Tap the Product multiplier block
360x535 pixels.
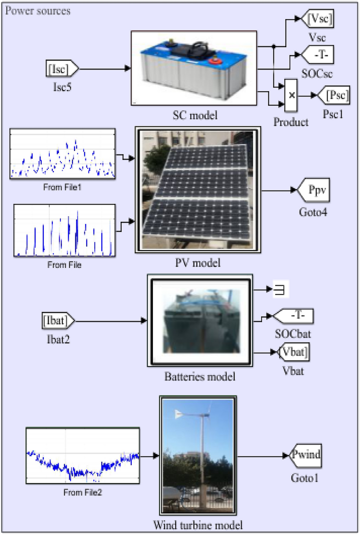pyautogui.click(x=291, y=96)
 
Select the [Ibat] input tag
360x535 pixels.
pyautogui.click(x=57, y=320)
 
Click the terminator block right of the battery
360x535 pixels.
pyautogui.click(x=280, y=289)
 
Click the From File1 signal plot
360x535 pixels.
pyautogui.click(x=63, y=154)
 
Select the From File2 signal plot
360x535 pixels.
pyautogui.click(x=83, y=456)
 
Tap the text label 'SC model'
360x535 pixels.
pyautogui.click(x=195, y=115)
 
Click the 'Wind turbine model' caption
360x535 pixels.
pyautogui.click(x=198, y=525)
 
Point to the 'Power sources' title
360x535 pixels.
pyautogui.click(x=38, y=11)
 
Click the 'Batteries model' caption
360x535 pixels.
pyautogui.click(x=200, y=377)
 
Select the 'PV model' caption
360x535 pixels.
pyautogui.click(x=198, y=263)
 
